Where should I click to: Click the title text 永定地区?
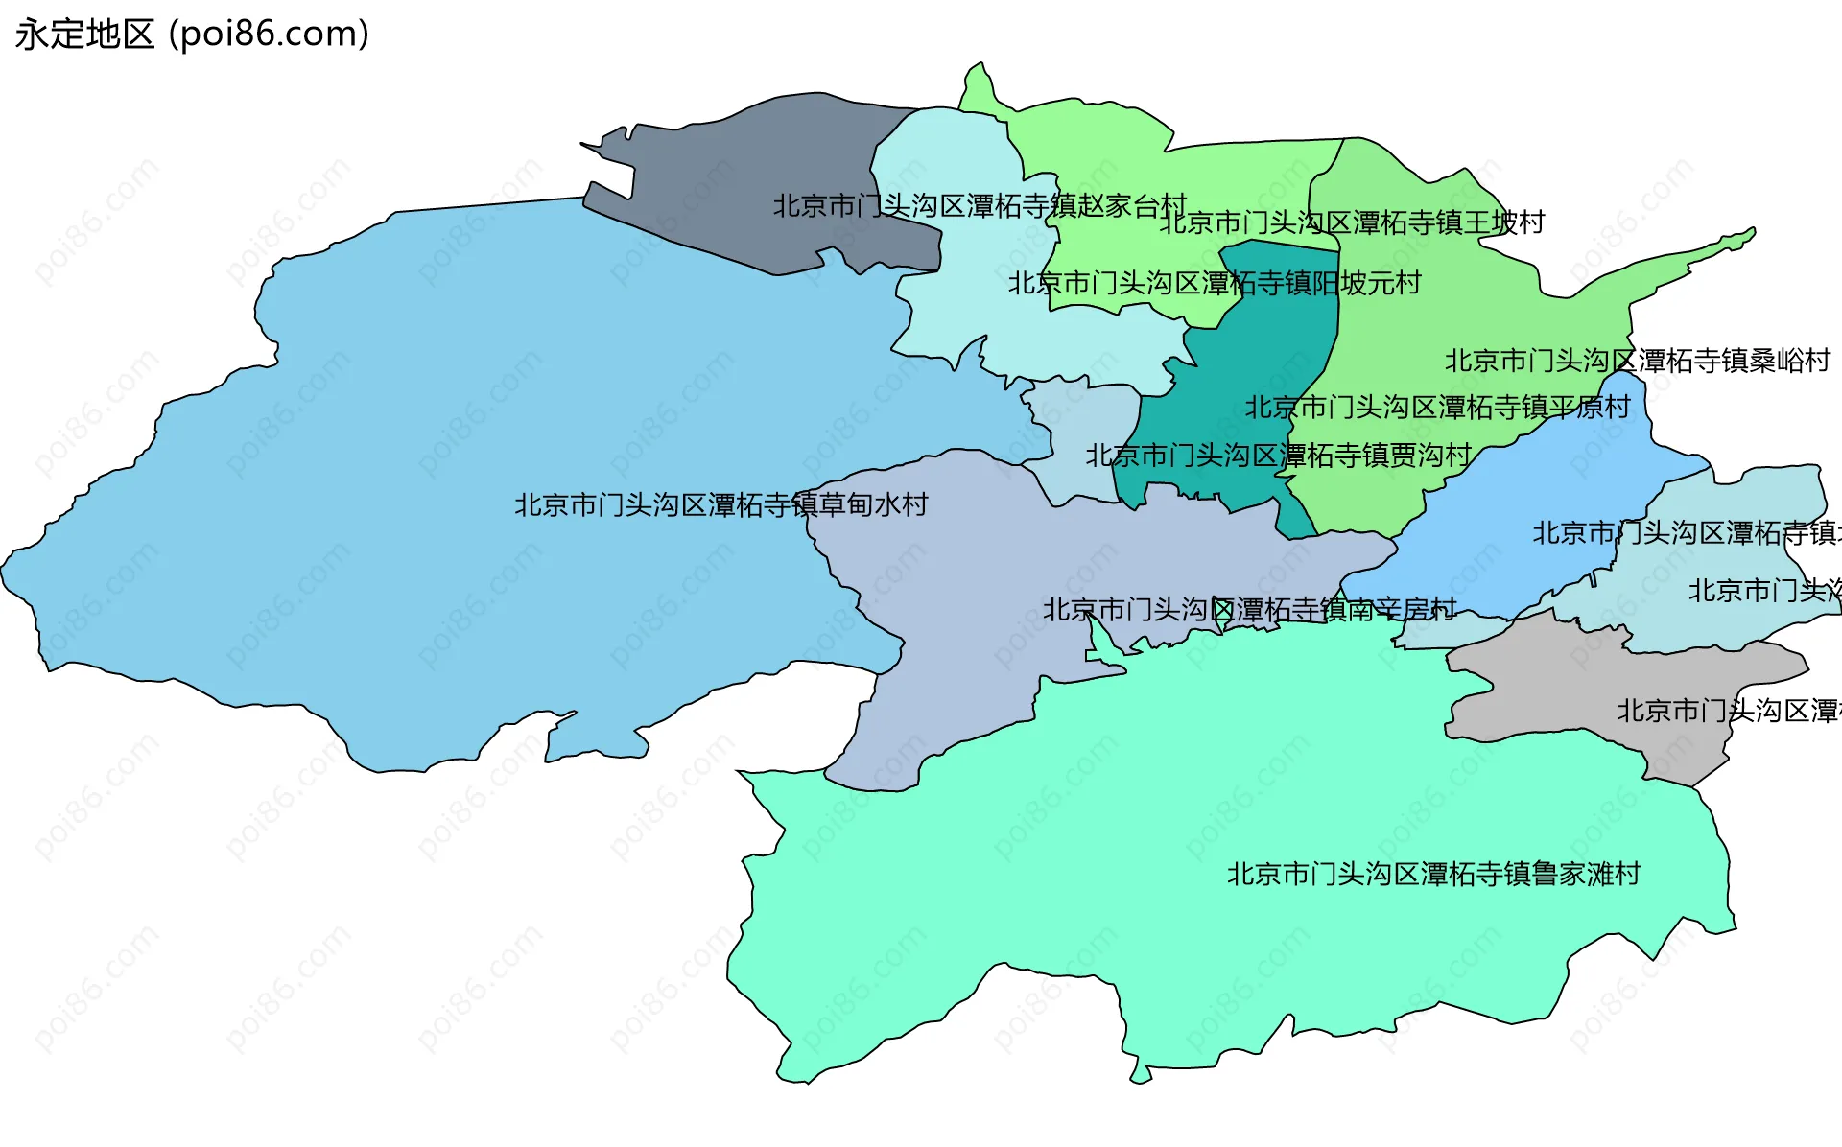[x=84, y=35]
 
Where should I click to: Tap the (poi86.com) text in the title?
[x=269, y=35]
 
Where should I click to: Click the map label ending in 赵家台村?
[x=980, y=206]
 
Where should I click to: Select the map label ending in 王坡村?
[x=1352, y=222]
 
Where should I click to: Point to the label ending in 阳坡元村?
[x=1214, y=283]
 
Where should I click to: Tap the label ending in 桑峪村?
[x=1637, y=361]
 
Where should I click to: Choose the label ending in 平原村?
[x=1437, y=408]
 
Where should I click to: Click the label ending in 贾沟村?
[x=1278, y=456]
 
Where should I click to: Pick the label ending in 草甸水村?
[x=720, y=504]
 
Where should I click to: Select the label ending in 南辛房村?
[x=1249, y=609]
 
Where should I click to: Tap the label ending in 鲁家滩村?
[x=1433, y=874]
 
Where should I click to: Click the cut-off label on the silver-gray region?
[x=1728, y=711]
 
